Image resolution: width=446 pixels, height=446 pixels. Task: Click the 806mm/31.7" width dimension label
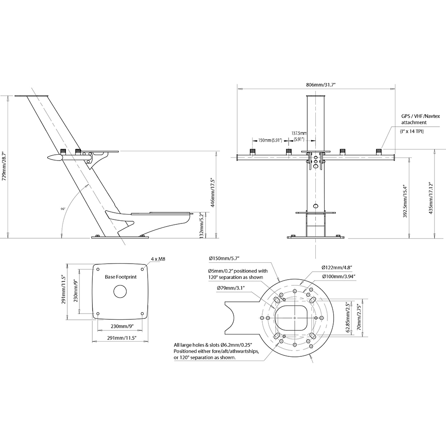pos(316,84)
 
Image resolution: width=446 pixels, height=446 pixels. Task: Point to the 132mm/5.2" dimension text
pos(202,225)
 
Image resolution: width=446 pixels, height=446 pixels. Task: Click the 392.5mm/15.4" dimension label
pos(405,202)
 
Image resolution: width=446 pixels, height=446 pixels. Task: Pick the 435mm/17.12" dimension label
pos(430,198)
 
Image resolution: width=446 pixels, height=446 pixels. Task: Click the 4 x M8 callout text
pos(158,259)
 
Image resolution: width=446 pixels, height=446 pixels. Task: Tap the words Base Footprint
pos(120,277)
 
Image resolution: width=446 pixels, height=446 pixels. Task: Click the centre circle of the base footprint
pos(121,291)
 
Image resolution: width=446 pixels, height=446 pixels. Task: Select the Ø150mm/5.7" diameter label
pos(224,259)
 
